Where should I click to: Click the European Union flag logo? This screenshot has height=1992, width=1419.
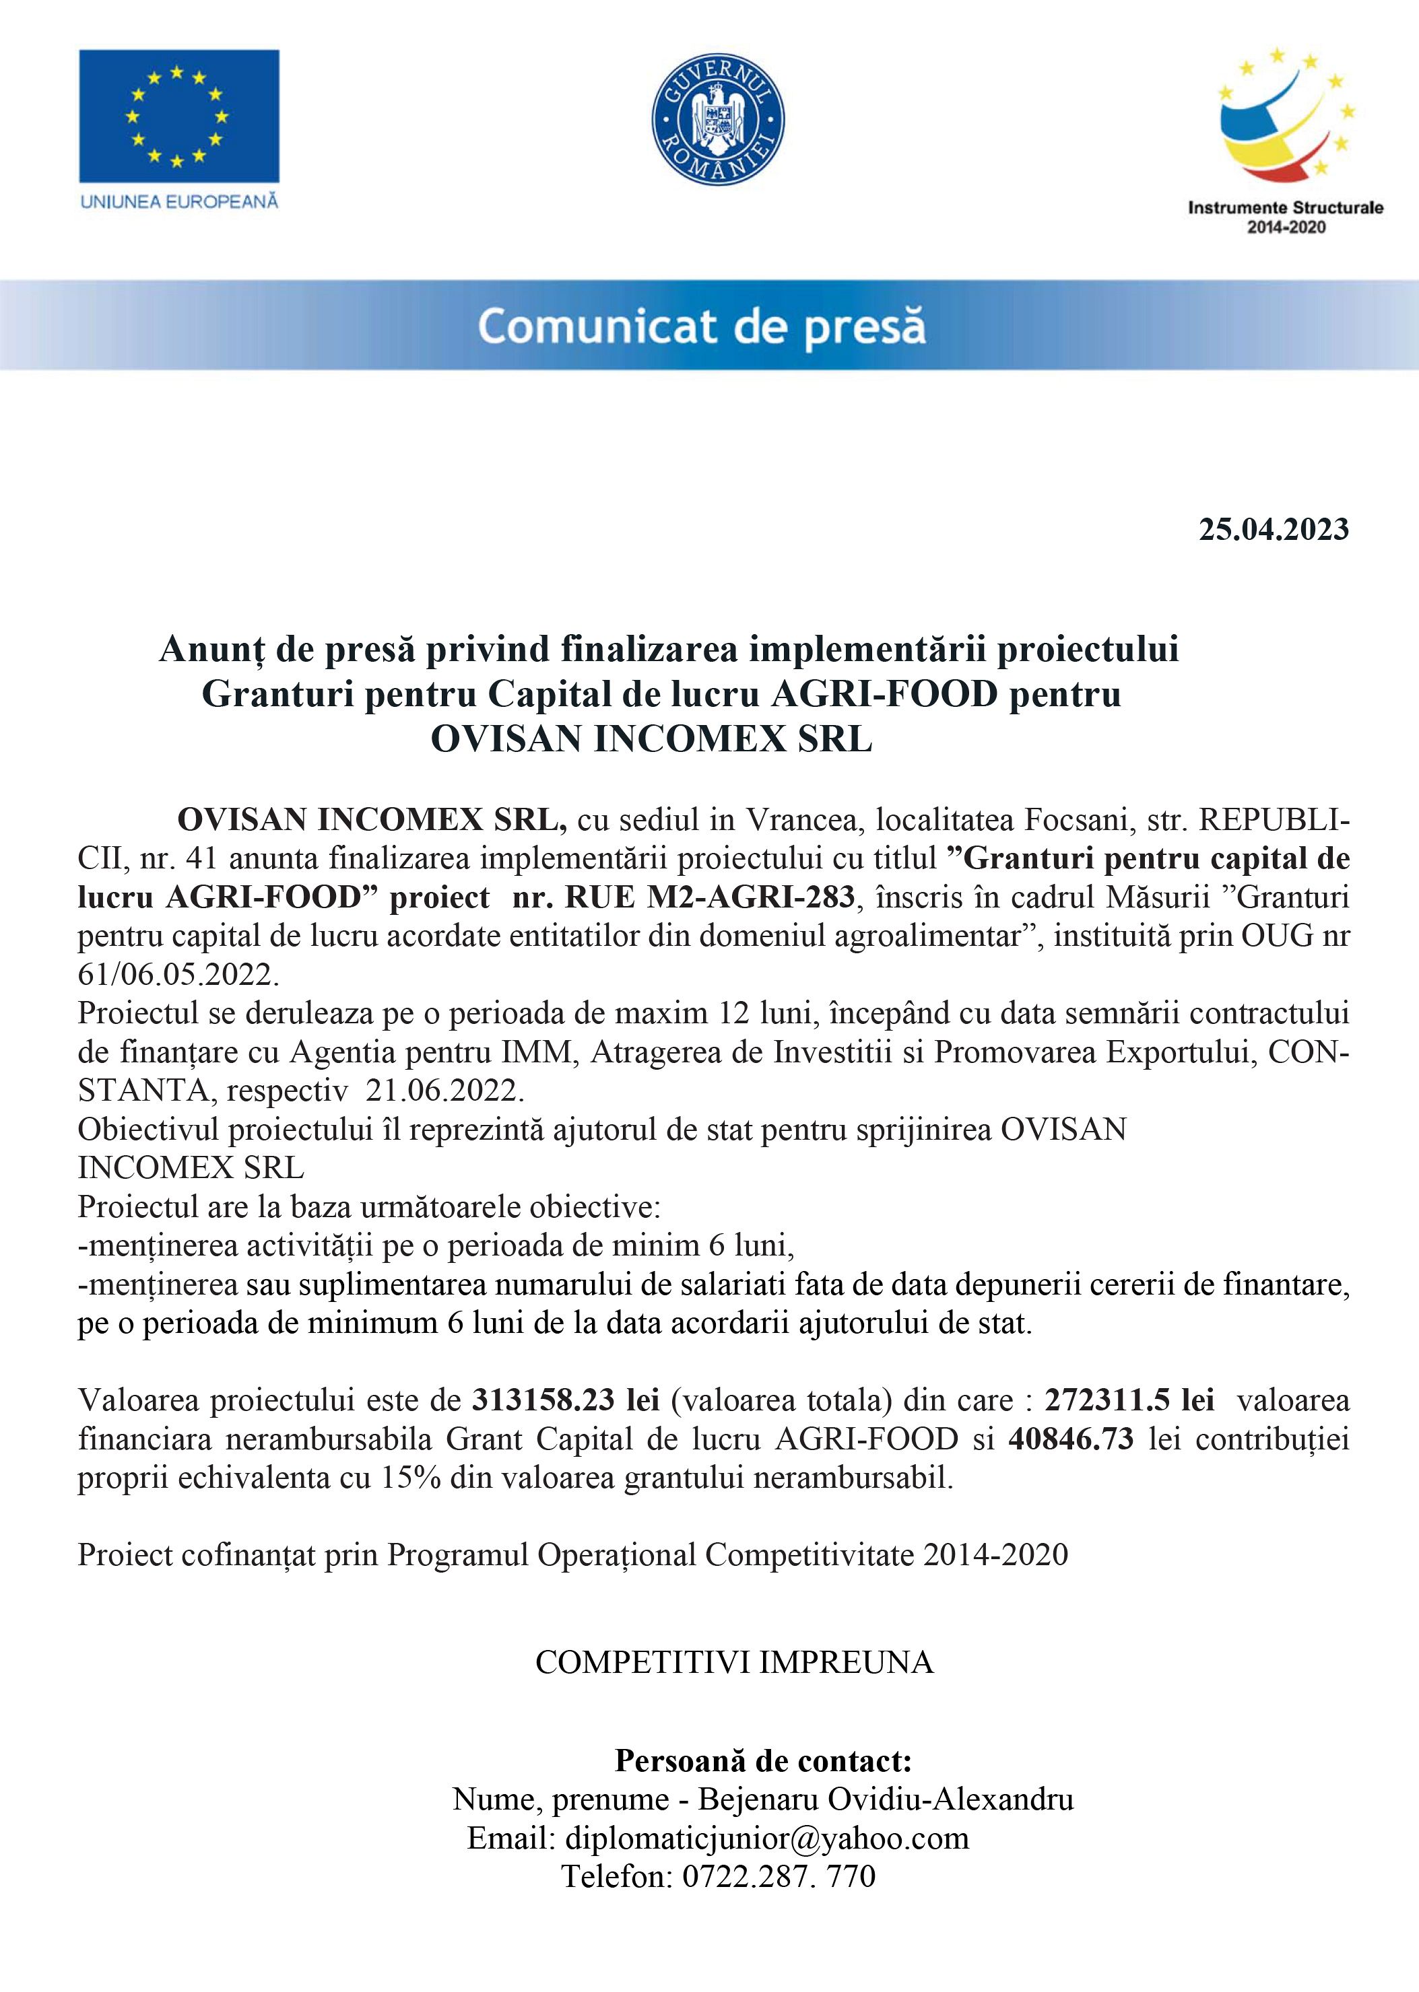[x=179, y=116]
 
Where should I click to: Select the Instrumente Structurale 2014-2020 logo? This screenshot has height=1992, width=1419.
[x=1285, y=141]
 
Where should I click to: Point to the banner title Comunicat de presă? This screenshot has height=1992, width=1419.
[x=702, y=327]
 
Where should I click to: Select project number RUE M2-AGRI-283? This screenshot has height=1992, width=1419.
[x=710, y=897]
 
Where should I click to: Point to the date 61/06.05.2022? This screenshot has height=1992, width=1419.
[x=178, y=973]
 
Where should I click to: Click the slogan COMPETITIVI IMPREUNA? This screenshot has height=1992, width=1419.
[x=734, y=1663]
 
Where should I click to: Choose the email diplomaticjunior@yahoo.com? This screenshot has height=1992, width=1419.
[x=766, y=1839]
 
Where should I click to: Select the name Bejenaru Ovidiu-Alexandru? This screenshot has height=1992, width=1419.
[x=885, y=1800]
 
